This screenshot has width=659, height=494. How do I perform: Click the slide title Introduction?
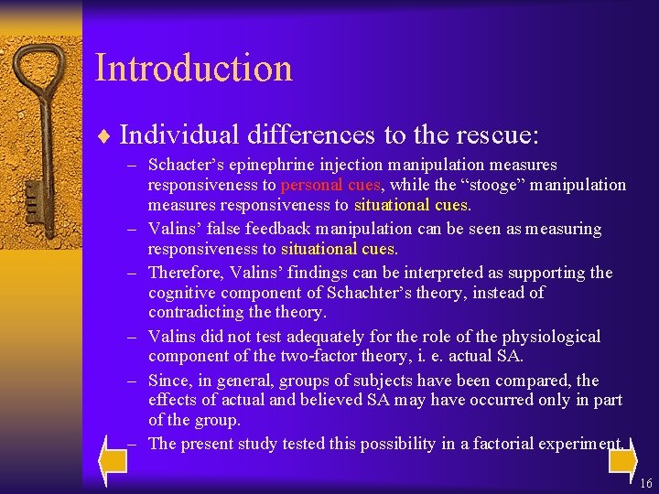point(193,69)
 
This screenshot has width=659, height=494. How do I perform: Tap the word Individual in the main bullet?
point(169,135)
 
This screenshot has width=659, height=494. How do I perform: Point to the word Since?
point(167,381)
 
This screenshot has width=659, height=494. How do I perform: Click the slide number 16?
point(646,482)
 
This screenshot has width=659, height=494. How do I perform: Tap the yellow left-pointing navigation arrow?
point(113,461)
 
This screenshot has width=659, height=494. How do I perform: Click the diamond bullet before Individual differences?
point(103,137)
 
